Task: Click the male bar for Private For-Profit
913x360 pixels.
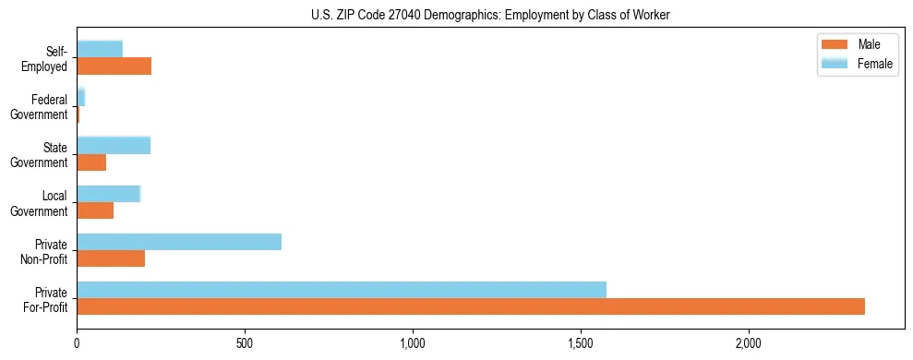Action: [x=471, y=306]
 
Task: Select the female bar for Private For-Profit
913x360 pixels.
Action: [x=342, y=290]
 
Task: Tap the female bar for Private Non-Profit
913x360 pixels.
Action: [x=179, y=242]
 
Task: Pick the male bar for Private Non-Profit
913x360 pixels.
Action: [x=111, y=258]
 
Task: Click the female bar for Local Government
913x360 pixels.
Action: [x=108, y=194]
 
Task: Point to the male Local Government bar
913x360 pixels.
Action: [x=95, y=210]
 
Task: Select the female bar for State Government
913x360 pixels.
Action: [x=114, y=145]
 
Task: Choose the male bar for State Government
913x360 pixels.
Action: [x=91, y=162]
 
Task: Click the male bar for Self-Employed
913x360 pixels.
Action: [x=114, y=66]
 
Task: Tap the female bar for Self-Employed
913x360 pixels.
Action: [x=100, y=49]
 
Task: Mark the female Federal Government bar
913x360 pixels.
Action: [x=81, y=97]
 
